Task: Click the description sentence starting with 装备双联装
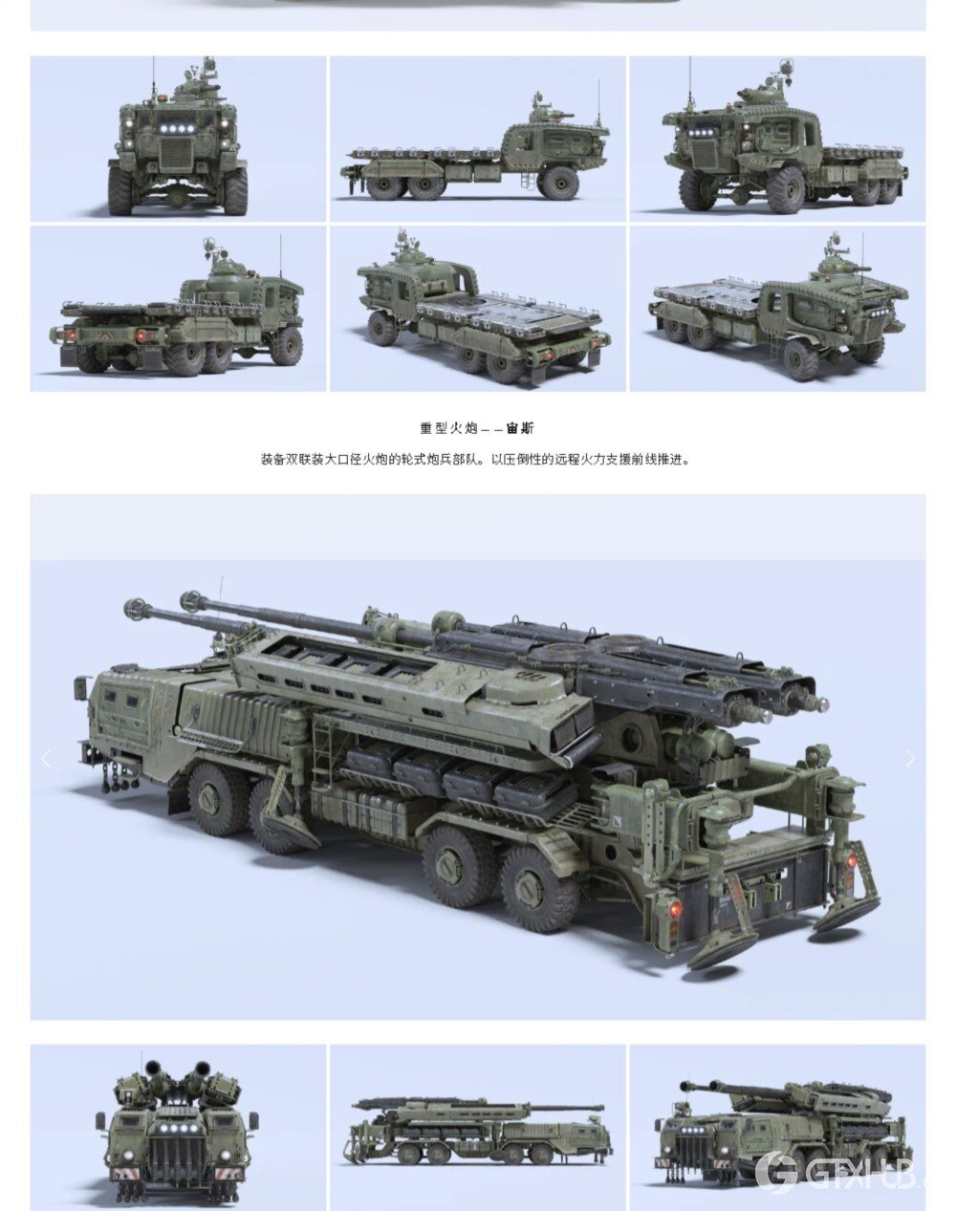point(474,459)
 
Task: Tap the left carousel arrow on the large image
point(45,759)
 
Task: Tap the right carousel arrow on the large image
point(909,759)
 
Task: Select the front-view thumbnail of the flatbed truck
point(179,139)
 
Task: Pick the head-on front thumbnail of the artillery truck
point(179,1128)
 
